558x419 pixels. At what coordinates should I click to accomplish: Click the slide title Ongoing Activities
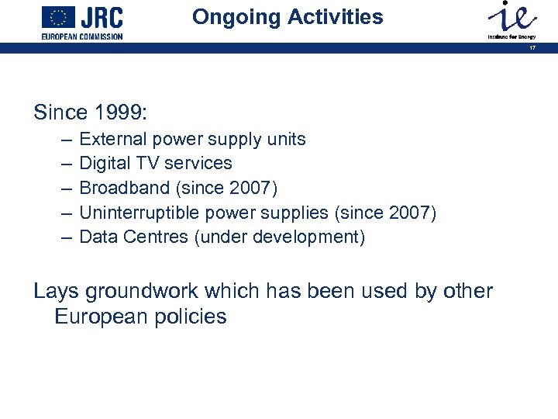coord(288,17)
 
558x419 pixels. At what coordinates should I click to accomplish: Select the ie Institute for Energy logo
coord(510,19)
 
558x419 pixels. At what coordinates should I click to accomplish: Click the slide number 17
coord(532,47)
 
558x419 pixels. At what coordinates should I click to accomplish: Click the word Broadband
coord(119,188)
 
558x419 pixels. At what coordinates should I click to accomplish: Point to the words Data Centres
coord(134,237)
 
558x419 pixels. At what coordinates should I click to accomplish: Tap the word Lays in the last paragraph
coord(56,291)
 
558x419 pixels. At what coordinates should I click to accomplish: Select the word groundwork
coord(146,292)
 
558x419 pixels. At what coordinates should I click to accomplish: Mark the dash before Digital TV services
coord(64,164)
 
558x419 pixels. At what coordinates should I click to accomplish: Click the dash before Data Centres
coord(64,237)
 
